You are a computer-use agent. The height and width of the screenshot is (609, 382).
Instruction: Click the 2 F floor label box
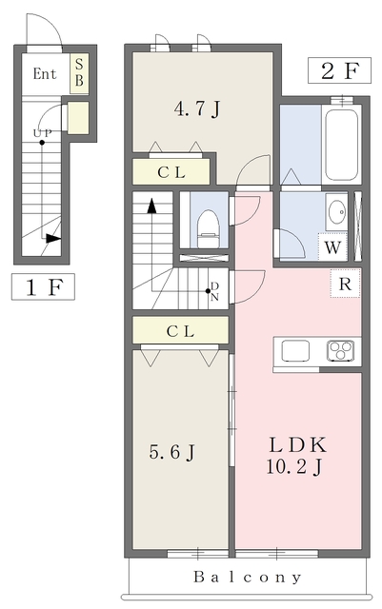pyautogui.click(x=339, y=70)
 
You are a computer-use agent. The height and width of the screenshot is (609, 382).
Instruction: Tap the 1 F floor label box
pyautogui.click(x=43, y=286)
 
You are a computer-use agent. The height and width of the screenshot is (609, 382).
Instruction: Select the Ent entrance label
pyautogui.click(x=45, y=73)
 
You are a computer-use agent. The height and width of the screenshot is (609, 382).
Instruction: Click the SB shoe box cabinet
pyautogui.click(x=79, y=73)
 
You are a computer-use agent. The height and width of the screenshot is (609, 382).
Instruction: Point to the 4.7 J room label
pyautogui.click(x=197, y=108)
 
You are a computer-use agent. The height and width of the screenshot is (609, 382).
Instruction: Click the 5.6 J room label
pyautogui.click(x=171, y=452)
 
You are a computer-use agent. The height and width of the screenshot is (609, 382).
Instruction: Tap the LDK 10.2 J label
pyautogui.click(x=296, y=455)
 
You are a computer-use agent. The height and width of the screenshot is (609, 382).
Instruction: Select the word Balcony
pyautogui.click(x=248, y=578)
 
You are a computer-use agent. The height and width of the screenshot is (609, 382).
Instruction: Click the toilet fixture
pyautogui.click(x=208, y=228)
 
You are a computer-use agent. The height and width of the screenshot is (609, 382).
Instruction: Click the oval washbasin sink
pyautogui.click(x=337, y=212)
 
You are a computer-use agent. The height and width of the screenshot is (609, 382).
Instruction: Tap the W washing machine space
pyautogui.click(x=332, y=247)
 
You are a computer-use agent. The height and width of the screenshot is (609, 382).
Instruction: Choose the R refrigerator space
pyautogui.click(x=345, y=284)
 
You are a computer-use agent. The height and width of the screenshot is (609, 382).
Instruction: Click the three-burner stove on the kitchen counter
pyautogui.click(x=341, y=350)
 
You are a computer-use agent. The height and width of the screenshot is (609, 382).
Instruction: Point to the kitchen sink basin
pyautogui.click(x=295, y=350)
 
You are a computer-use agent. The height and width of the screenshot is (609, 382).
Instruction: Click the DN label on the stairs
pyautogui.click(x=214, y=292)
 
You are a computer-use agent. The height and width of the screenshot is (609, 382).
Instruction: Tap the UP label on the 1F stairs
pyautogui.click(x=42, y=133)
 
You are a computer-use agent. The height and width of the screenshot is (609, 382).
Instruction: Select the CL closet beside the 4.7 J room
pyautogui.click(x=171, y=171)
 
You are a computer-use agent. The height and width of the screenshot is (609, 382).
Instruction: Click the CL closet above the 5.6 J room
pyautogui.click(x=180, y=330)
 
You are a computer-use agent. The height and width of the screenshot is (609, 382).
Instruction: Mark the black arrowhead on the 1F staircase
pyautogui.click(x=53, y=238)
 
